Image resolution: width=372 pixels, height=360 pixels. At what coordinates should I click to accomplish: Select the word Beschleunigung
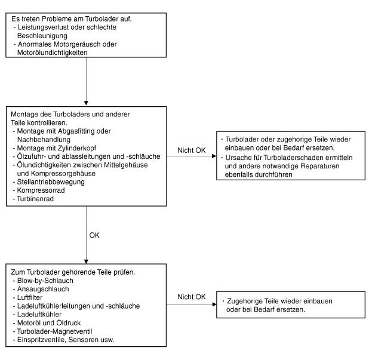[x=42, y=36]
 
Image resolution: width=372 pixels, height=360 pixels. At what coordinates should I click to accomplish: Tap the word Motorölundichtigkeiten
[x=52, y=53]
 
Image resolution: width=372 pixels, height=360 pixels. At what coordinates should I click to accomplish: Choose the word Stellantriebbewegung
[x=51, y=182]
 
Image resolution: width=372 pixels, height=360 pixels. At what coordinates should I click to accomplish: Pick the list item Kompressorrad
[x=41, y=190]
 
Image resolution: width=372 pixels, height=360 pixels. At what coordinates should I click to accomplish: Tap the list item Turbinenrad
[x=35, y=199]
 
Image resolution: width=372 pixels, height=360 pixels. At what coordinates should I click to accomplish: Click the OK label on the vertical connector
[x=94, y=235]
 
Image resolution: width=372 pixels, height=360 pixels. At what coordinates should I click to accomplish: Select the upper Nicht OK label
[x=192, y=150]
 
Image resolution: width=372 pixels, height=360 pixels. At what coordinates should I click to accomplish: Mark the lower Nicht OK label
[x=192, y=297]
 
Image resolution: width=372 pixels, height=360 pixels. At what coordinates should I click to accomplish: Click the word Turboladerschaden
[x=293, y=158]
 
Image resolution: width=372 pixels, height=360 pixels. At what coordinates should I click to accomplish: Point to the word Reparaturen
[x=320, y=166]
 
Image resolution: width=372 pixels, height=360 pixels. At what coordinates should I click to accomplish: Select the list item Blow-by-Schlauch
[x=45, y=281]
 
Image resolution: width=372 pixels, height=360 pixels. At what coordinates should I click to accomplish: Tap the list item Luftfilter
[x=30, y=298]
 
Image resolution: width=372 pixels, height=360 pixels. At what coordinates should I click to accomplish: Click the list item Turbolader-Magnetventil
[x=54, y=331]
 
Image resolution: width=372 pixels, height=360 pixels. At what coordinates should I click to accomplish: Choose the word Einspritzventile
[x=42, y=340]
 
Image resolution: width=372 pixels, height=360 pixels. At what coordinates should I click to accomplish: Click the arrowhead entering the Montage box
[x=86, y=103]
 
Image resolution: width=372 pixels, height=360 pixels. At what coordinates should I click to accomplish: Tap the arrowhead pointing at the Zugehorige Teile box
[x=214, y=304]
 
